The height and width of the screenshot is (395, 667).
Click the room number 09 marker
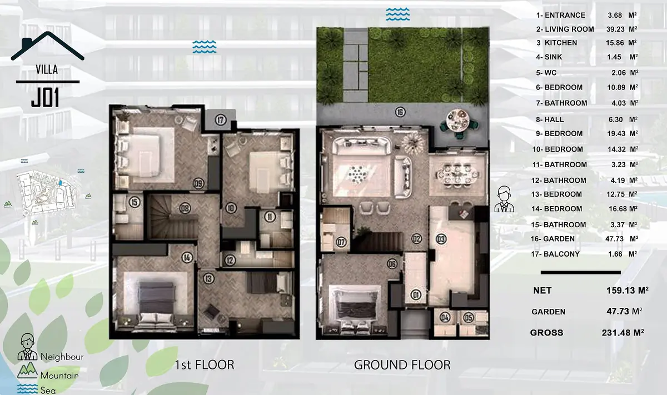tap(198, 183)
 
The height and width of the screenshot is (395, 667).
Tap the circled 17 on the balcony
tap(220, 120)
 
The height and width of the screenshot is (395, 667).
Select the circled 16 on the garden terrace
tap(400, 112)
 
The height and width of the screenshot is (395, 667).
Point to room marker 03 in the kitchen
tap(441, 239)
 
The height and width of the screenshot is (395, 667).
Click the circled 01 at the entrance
tap(416, 294)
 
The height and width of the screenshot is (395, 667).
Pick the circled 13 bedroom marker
tap(209, 279)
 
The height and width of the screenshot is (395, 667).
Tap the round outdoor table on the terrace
tap(458, 121)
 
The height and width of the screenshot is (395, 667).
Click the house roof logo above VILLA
tap(48, 46)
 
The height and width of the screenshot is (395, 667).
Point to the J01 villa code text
tap(45, 97)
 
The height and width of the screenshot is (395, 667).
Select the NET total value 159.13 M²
tap(628, 290)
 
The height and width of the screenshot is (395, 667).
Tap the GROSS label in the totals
tap(546, 332)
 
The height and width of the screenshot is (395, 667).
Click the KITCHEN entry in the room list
tap(561, 43)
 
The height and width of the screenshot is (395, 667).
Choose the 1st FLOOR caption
tap(205, 365)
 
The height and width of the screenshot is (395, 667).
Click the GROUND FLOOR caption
tap(402, 365)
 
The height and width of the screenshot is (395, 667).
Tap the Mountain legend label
tap(59, 375)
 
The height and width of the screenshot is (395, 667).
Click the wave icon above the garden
tap(398, 14)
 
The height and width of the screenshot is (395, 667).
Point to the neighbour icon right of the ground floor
tap(504, 199)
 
